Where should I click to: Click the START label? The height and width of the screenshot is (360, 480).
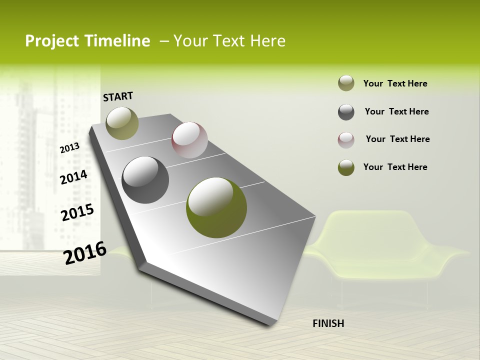point(118,96)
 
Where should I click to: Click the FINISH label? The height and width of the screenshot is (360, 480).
point(328,323)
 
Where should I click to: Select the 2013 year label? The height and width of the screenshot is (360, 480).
point(69,147)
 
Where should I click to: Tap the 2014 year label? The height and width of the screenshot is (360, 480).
point(74,177)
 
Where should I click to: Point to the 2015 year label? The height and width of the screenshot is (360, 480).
point(77,212)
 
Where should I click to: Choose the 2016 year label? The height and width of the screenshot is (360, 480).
point(85,252)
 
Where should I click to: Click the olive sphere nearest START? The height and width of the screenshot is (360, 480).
point(122,123)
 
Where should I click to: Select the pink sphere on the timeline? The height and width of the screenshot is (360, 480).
point(189,140)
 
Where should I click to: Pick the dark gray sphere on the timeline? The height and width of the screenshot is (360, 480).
point(145,180)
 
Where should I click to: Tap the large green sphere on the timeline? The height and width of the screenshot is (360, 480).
point(216,207)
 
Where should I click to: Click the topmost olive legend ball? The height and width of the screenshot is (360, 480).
point(346,83)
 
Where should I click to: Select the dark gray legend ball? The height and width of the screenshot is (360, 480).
point(346,112)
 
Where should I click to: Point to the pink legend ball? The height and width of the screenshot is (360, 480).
point(346,140)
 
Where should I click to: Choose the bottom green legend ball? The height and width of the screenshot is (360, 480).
point(346,167)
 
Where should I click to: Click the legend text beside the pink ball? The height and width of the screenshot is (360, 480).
point(397,139)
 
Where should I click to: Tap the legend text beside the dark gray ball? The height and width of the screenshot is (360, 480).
point(396,111)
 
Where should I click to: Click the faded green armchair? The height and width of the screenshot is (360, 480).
point(380,247)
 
